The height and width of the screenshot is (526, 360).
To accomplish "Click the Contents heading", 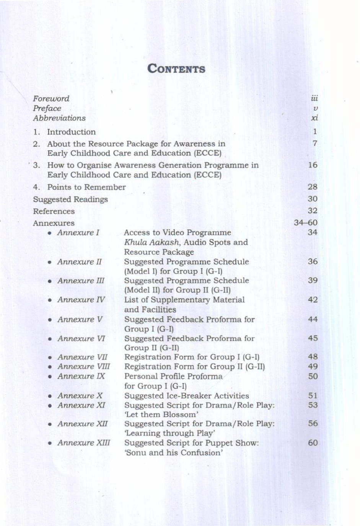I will tap(176, 69).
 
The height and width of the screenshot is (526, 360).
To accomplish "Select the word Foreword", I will tap(51, 99).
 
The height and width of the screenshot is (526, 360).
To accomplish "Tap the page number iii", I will tap(314, 99).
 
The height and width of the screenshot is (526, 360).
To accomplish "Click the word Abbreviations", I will tap(59, 118).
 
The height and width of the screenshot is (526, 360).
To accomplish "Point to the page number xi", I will tap(314, 118).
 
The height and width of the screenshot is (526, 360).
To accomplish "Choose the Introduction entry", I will tap(71, 132).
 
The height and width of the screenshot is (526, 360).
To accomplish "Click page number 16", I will tap(313, 165).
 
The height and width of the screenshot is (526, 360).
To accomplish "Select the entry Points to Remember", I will tap(86, 187).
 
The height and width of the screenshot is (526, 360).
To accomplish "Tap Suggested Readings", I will tap(70, 200).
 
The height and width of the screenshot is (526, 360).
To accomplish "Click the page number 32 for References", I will tap(313, 211).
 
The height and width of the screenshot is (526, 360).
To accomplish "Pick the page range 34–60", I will tap(306, 222).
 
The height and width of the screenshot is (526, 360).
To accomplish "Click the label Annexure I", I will tap(78, 233).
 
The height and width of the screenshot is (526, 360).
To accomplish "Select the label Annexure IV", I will tap(81, 300).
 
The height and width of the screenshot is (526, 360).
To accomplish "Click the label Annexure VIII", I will tap(83, 367).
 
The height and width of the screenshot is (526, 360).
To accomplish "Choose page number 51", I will tap(313, 396).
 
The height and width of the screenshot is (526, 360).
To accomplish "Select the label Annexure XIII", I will tap(83, 443).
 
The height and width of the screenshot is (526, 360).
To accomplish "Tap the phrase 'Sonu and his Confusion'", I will tap(174, 453).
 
